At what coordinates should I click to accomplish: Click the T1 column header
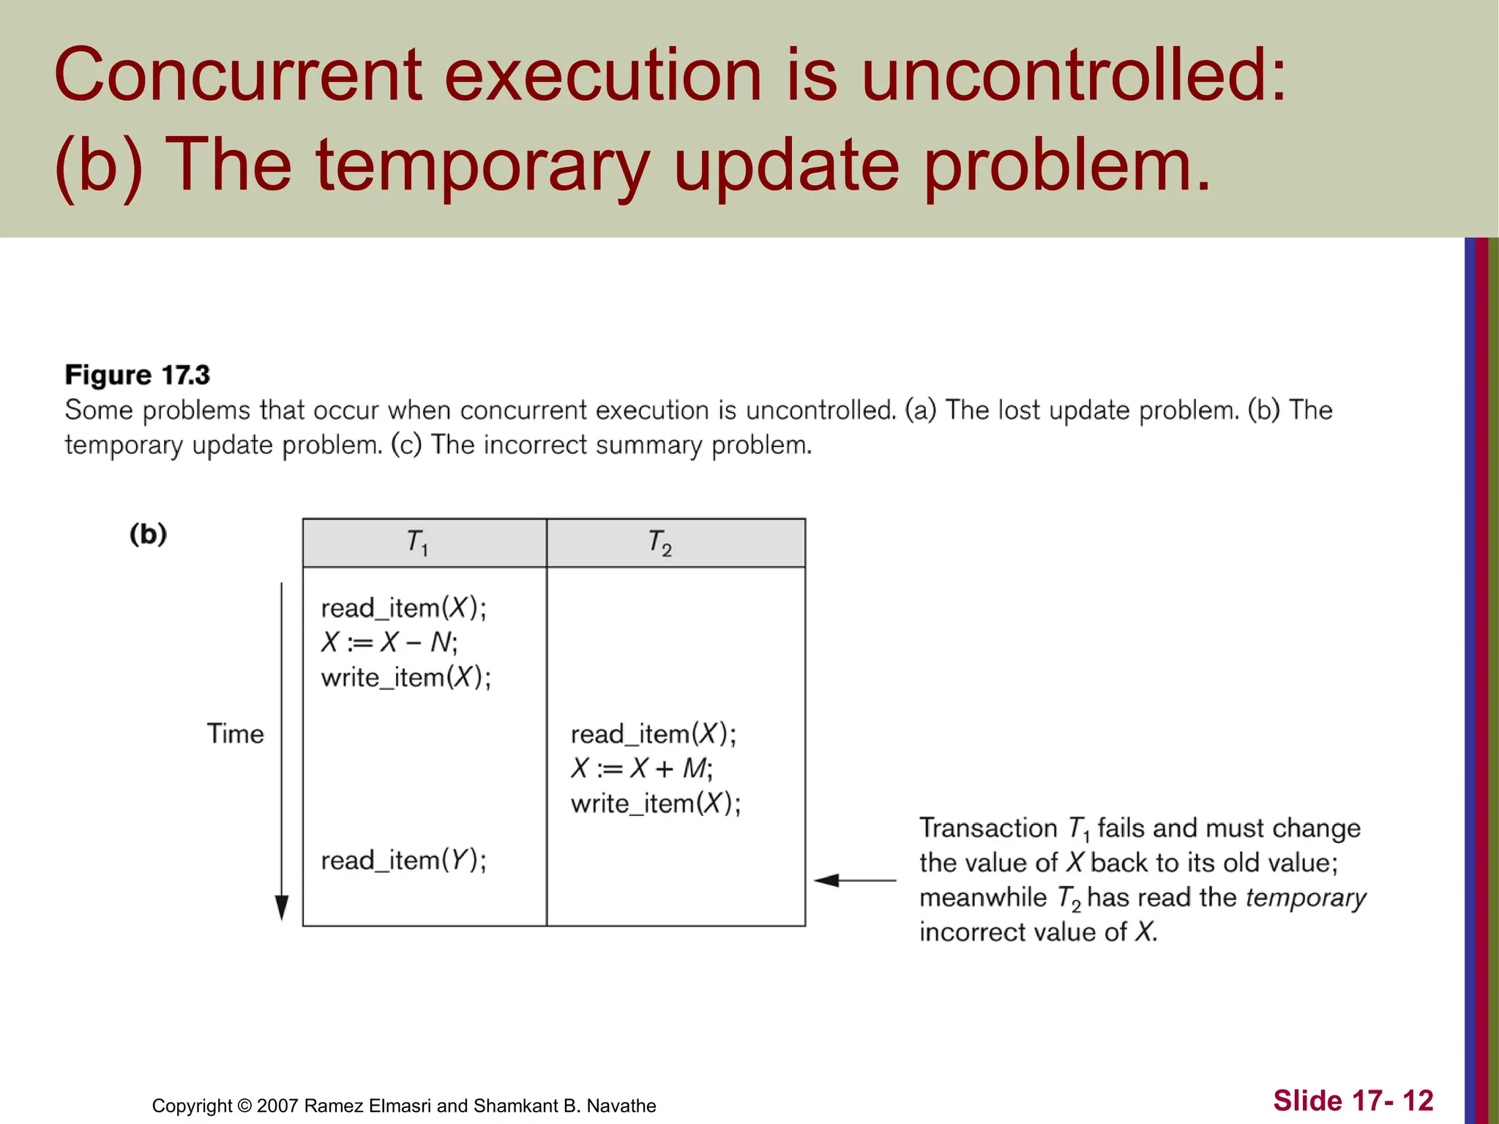coord(418,543)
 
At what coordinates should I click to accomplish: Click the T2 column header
coord(660,543)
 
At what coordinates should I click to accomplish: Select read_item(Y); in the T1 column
coord(403,860)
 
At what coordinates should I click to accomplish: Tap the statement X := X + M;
coord(642,768)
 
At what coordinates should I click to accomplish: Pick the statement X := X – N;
coord(389,642)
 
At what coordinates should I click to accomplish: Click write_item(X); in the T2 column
coord(656,803)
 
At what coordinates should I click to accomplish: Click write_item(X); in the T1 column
coord(406,677)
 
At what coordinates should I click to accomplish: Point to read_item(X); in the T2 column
coord(654,734)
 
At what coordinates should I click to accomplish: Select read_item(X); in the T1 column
coord(403,608)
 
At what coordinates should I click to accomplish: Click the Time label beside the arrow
coord(235,733)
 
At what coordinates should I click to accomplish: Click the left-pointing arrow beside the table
coord(854,880)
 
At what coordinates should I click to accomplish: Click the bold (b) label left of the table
coord(149,534)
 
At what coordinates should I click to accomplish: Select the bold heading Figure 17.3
coord(138,375)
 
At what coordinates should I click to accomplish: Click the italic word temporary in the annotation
coord(1306,898)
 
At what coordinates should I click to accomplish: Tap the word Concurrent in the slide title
coord(238,75)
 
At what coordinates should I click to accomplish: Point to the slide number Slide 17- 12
coord(1353,1101)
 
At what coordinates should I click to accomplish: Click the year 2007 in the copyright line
coord(277,1106)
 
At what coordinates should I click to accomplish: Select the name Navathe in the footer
coord(621,1106)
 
